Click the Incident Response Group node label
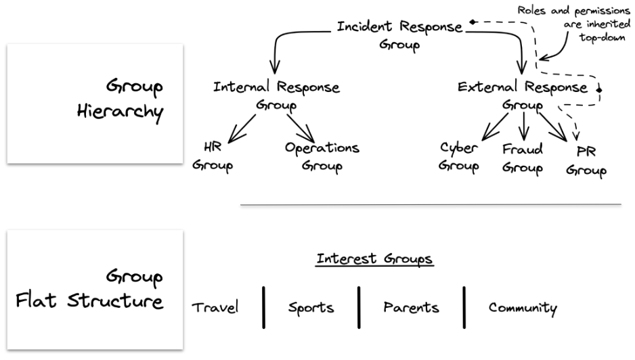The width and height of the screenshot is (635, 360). [399, 36]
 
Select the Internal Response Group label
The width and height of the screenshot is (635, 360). [276, 95]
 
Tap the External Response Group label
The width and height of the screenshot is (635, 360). [522, 95]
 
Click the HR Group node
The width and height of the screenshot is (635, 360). [213, 156]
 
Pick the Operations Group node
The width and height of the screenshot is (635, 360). [322, 156]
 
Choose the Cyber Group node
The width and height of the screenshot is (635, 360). [458, 156]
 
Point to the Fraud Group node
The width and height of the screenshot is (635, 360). [522, 158]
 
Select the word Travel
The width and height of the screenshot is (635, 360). [215, 308]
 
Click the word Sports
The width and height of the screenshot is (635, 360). [311, 308]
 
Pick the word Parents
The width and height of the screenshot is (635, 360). [410, 308]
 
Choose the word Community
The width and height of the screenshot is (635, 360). [523, 308]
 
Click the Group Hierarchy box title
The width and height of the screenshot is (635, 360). [120, 99]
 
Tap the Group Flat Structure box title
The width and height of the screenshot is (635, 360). [90, 288]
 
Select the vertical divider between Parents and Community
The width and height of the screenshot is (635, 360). [465, 306]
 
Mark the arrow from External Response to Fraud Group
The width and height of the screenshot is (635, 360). [523, 125]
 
